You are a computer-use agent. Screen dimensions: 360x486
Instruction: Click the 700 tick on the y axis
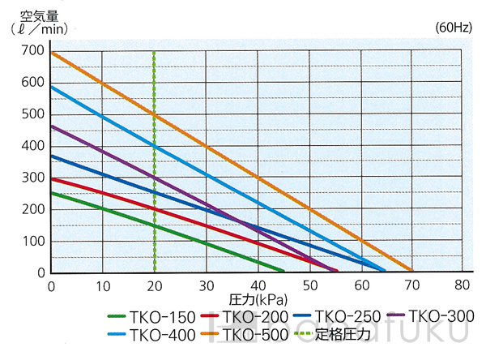tap(34, 50)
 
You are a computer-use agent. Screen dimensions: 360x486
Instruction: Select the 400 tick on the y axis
tap(34, 145)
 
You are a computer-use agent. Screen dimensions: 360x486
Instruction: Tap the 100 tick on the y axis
tap(34, 241)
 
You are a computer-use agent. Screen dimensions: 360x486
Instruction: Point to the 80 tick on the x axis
tap(463, 285)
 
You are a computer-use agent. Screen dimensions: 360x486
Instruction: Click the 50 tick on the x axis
tap(309, 285)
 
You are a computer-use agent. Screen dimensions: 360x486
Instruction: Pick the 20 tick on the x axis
tap(154, 285)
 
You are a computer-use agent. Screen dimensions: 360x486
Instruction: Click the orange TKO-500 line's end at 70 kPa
tap(411, 271)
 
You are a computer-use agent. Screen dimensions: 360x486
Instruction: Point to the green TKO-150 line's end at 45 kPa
tap(283, 271)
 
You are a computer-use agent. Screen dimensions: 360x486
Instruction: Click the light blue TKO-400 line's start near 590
tap(52, 86)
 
